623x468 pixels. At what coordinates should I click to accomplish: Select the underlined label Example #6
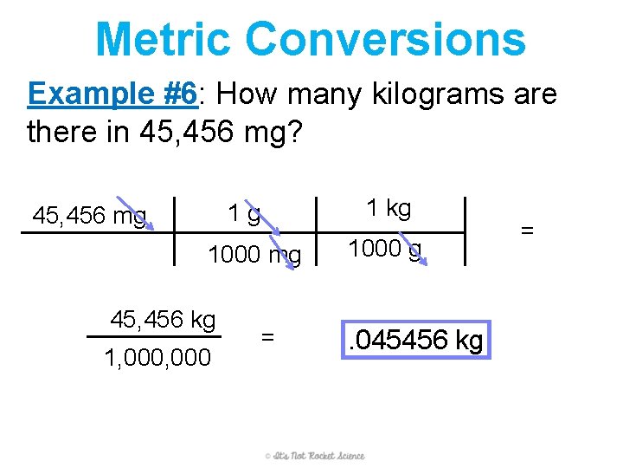112,93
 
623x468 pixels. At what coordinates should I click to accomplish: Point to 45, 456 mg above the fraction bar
89,215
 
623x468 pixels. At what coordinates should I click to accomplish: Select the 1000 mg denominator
254,255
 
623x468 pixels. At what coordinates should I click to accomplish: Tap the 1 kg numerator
389,208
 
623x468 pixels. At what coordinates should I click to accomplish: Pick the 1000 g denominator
384,249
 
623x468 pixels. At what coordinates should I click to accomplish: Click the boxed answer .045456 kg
415,341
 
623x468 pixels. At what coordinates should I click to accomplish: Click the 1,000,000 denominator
157,357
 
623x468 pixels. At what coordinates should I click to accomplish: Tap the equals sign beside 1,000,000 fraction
268,335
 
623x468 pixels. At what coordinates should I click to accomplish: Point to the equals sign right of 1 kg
527,231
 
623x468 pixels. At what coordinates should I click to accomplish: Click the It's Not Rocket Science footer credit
315,456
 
